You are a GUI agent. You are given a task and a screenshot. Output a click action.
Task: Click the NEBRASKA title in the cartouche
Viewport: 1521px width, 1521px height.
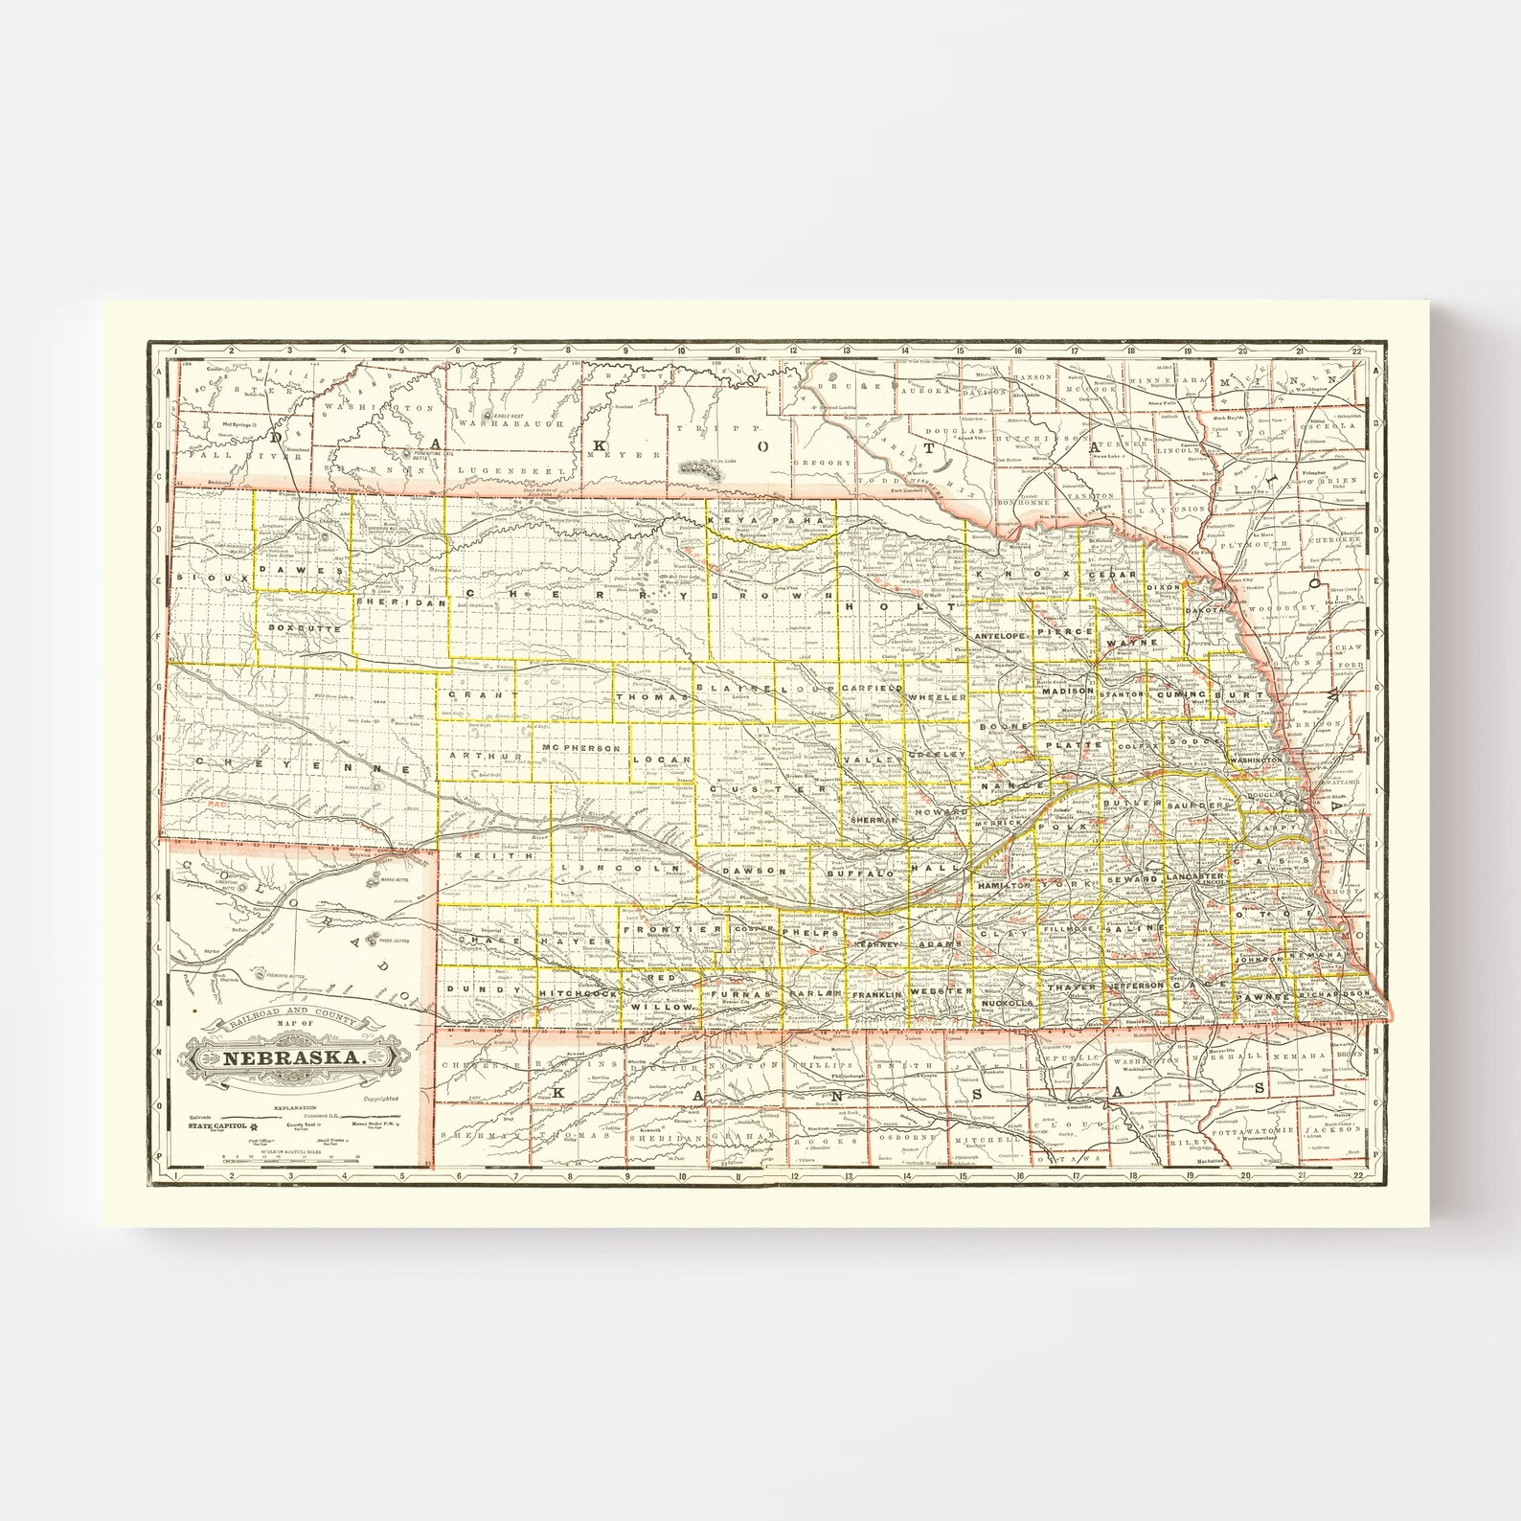tap(295, 1057)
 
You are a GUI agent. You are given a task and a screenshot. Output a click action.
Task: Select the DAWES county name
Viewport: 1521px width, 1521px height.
tap(302, 569)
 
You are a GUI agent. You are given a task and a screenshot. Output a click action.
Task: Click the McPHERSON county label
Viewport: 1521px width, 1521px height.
tap(580, 747)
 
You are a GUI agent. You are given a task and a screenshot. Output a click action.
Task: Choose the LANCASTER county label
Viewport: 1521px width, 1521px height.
tap(1195, 876)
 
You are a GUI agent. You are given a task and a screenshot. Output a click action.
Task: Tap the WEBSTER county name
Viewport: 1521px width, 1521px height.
tap(942, 990)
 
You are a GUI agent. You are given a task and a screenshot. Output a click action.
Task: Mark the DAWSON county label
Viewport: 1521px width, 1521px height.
tap(754, 871)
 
